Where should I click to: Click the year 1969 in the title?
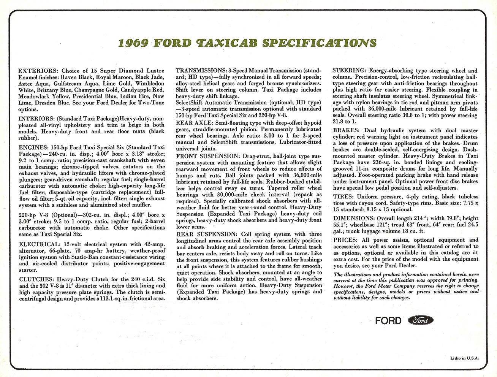coord(133,43)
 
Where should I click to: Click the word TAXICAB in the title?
coord(225,43)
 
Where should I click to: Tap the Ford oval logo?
coord(420,320)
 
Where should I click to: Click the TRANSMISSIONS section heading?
coord(201,71)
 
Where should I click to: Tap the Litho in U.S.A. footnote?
coord(464,358)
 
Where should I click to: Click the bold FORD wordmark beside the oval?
coord(388,320)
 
